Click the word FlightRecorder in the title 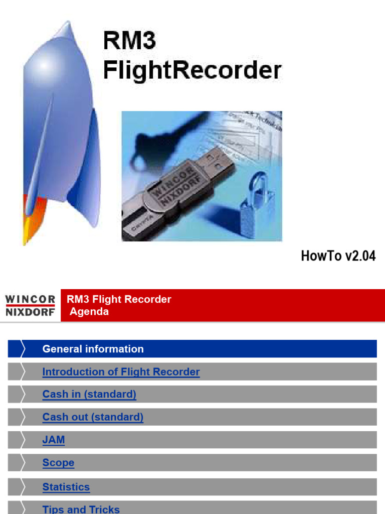tap(192, 70)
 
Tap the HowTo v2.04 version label tap(338, 256)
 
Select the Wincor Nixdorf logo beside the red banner tap(30, 305)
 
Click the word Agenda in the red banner tap(89, 312)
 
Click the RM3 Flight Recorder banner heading tap(119, 299)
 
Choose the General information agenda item tap(93, 349)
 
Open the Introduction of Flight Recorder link tap(121, 372)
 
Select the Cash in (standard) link tap(89, 394)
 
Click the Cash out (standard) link tap(93, 417)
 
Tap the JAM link tap(54, 440)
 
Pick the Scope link tap(58, 463)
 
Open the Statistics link tap(66, 487)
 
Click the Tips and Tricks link tap(81, 509)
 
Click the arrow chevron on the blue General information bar tap(22, 349)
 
